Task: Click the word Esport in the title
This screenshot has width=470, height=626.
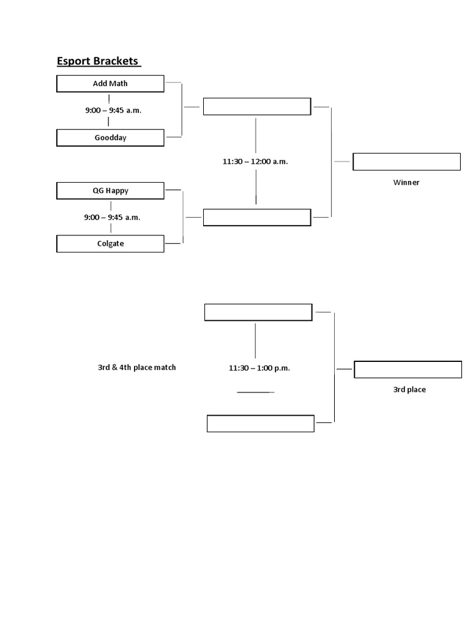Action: tap(72, 61)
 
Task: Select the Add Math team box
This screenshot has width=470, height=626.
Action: tap(110, 84)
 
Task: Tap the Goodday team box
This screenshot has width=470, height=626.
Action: tap(110, 138)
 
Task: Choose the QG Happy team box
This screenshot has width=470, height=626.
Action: tap(110, 191)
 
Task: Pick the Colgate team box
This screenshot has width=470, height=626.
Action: tap(110, 244)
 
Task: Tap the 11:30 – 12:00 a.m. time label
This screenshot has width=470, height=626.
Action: tap(255, 162)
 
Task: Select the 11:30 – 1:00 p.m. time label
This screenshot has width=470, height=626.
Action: tap(259, 368)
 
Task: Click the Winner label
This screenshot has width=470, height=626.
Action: tap(406, 182)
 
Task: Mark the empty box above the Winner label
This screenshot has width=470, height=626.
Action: tap(406, 162)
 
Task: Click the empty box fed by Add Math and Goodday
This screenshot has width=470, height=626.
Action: tap(257, 106)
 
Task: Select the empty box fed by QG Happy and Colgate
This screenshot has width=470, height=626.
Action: tap(257, 218)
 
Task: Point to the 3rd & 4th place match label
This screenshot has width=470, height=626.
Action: tap(137, 367)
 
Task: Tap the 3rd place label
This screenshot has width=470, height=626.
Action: tap(409, 389)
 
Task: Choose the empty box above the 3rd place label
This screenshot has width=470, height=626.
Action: tap(408, 370)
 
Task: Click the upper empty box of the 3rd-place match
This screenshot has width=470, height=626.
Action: tap(258, 312)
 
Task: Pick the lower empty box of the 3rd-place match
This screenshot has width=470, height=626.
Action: tap(260, 424)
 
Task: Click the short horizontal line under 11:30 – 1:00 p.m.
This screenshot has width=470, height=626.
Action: tap(255, 392)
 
